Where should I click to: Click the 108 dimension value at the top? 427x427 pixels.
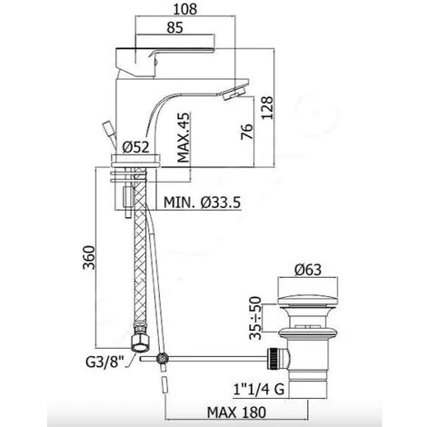pos(185,9)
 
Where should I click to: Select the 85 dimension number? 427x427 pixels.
pos(175,27)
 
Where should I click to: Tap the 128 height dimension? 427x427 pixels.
pos(267,108)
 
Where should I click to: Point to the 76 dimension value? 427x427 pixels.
pos(247,132)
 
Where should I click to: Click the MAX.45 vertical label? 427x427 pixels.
pos(184,137)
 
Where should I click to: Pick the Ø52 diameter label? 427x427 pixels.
pos(136,147)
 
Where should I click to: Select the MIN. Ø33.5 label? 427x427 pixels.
pos(203,202)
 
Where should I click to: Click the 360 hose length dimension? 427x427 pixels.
pos(89,257)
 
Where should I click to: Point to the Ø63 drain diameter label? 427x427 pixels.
pos(308,270)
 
